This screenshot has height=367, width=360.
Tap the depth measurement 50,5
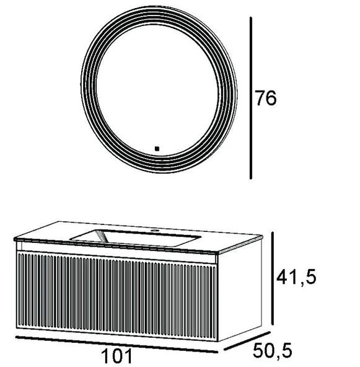[x=271, y=352]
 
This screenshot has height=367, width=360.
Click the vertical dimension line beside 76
[x=251, y=98]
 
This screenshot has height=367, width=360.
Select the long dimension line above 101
[x=115, y=343]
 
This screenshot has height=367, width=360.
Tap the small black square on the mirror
[x=157, y=148]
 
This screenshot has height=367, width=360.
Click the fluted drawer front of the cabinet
[x=118, y=294]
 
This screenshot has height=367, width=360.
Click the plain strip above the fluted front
[x=118, y=253]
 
